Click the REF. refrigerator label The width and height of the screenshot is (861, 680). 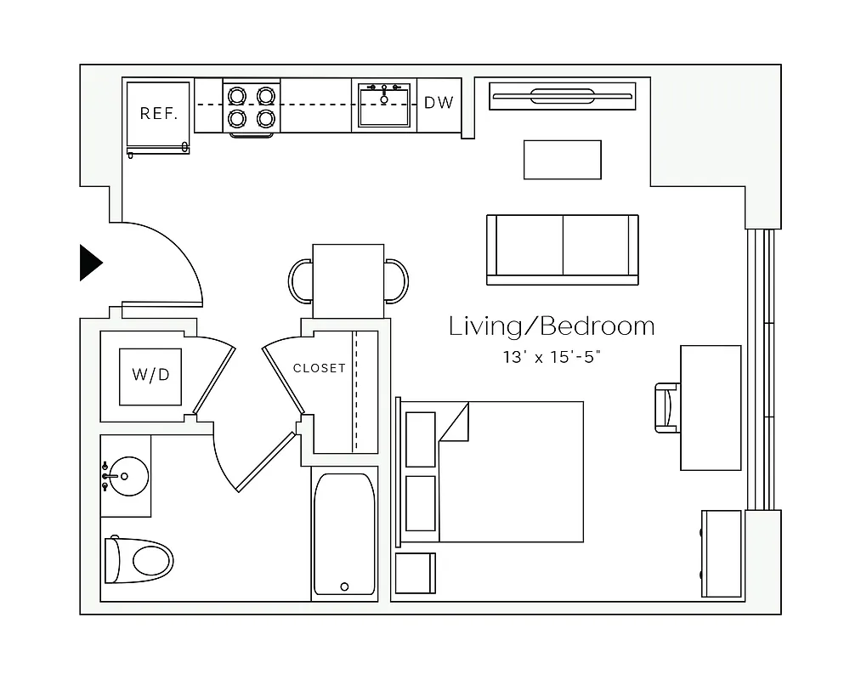[158, 113]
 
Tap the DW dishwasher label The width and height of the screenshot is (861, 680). [439, 103]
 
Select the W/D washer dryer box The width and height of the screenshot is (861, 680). [150, 376]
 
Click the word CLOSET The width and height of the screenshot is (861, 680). [319, 368]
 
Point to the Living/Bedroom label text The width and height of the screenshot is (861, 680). [552, 326]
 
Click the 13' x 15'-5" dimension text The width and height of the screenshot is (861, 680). [552, 358]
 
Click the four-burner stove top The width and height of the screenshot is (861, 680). [252, 106]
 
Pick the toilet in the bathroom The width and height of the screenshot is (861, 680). [139, 560]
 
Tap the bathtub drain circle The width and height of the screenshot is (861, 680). [344, 586]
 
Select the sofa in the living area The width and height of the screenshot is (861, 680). [562, 249]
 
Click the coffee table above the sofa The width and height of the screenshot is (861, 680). [562, 160]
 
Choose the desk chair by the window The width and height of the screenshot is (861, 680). [667, 408]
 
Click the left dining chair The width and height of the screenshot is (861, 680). [301, 280]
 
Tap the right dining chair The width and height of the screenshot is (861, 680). [396, 280]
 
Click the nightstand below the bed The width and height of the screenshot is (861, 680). [416, 573]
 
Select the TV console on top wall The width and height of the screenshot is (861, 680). [562, 96]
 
